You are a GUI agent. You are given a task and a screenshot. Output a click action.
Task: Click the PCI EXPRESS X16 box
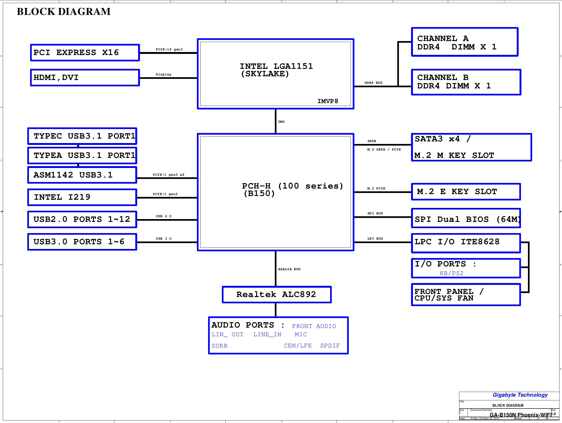pos(85,52)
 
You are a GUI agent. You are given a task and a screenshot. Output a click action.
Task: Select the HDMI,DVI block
pos(85,77)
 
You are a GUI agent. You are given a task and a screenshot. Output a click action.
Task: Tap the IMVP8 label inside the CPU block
pos(328,101)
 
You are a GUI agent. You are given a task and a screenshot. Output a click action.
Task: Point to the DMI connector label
pos(281,122)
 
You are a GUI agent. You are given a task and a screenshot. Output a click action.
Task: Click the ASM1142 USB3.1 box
pos(82,175)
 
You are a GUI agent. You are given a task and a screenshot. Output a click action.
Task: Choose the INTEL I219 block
pos(82,197)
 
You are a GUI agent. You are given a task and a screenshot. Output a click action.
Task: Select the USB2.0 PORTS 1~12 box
pos(82,220)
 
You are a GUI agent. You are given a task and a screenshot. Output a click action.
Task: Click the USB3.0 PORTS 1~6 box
pos(82,242)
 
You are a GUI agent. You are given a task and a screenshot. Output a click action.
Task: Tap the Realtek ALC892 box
pos(277,294)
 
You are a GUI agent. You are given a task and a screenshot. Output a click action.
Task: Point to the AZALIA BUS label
pos(289,269)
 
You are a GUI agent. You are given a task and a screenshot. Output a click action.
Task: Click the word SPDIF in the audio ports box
pos(330,346)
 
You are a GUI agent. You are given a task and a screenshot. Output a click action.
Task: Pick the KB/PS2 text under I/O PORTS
pos(451,273)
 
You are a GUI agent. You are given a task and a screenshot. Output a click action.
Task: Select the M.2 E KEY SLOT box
pos(466,192)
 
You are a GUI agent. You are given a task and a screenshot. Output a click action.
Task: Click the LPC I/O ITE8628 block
pos(466,243)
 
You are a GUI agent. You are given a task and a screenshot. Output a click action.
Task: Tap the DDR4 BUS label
pos(373,83)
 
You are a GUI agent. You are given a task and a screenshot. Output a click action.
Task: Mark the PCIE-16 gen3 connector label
pos(169,49)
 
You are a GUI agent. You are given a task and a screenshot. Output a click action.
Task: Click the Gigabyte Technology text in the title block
pos(520,395)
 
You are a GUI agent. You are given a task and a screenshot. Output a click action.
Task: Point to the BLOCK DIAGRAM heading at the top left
pos(64,11)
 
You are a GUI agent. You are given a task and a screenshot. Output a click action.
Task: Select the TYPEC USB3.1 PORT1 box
pos(82,136)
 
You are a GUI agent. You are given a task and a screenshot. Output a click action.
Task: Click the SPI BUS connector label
pos(375,213)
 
